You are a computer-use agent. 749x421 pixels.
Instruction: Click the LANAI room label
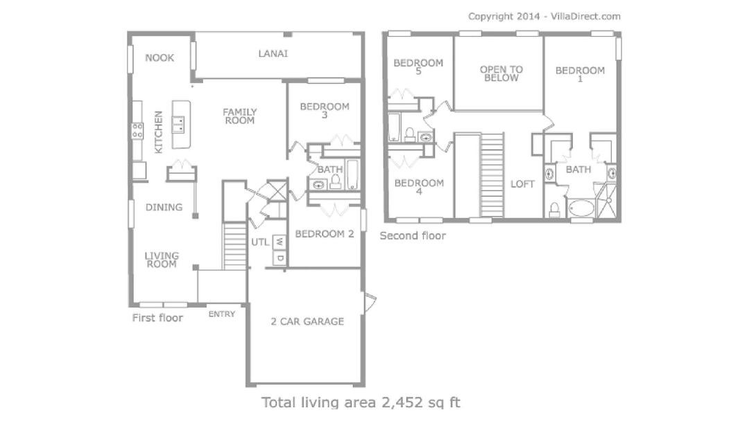273,53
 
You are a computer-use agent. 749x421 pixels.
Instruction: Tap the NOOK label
160,57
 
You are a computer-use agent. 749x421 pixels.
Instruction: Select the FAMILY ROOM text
240,116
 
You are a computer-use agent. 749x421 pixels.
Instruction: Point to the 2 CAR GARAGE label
307,321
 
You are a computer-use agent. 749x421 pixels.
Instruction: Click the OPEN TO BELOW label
501,73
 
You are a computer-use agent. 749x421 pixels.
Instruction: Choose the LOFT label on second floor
522,184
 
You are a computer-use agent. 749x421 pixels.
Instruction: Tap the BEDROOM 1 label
580,74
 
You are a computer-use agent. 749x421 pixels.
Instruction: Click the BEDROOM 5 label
418,66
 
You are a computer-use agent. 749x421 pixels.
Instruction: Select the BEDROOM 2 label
325,234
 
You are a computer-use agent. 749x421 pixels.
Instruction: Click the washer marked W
279,242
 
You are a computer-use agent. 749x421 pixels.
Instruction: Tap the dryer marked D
279,258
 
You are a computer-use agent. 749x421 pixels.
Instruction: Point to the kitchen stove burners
137,131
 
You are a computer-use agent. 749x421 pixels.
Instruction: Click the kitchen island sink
179,124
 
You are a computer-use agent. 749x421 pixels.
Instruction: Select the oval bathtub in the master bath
580,208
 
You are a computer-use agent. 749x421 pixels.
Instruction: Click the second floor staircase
492,175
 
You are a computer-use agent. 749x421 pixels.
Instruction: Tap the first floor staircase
234,246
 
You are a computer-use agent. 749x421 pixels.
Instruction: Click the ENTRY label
222,314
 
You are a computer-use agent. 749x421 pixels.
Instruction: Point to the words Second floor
413,235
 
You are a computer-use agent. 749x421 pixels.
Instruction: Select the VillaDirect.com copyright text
585,16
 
